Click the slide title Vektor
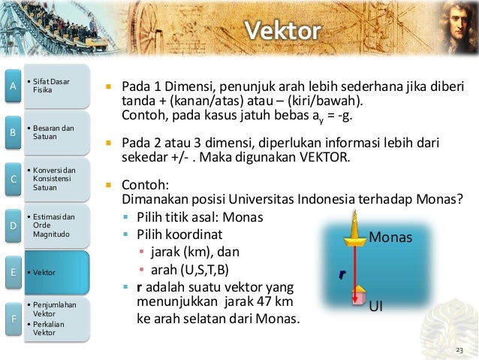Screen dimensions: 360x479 284,31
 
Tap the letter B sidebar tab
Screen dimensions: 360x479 11,133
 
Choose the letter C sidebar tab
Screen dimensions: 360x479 11,179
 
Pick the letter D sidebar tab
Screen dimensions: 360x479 11,225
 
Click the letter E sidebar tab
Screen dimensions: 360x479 11,272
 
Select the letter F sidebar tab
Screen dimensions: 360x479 11,319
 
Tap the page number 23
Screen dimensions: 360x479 459,350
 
